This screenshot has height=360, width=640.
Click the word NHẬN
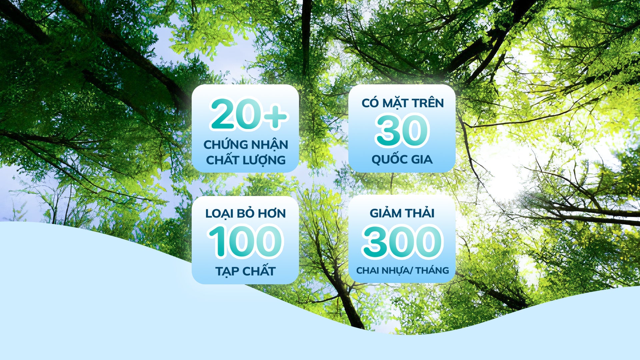(x=270, y=145)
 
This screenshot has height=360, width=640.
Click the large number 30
(x=402, y=130)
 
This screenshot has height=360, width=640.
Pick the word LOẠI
(x=219, y=214)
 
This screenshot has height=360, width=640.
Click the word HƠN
(x=272, y=213)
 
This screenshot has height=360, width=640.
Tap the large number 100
(x=245, y=241)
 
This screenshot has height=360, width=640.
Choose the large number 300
(x=402, y=241)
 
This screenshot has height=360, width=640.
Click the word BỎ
(x=245, y=213)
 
